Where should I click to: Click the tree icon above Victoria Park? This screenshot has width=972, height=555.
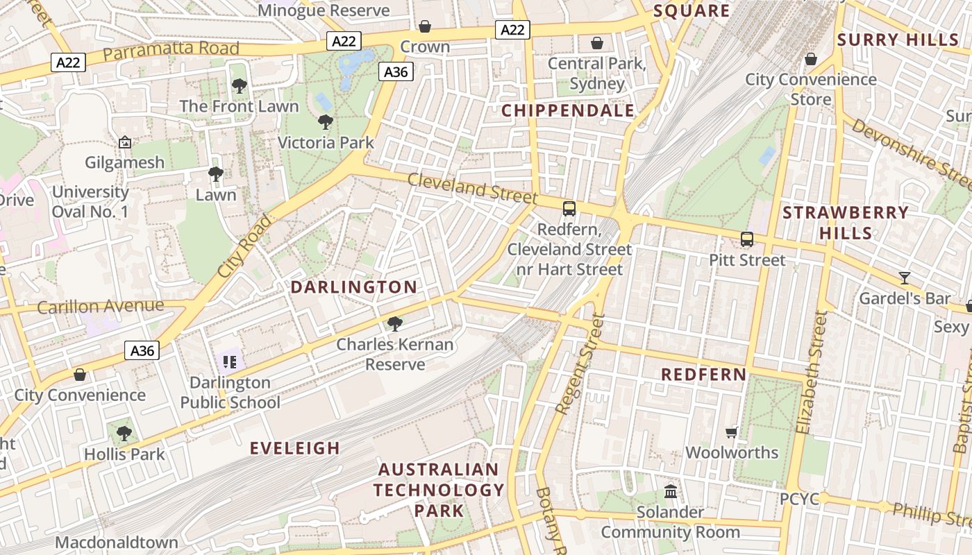(x=325, y=123)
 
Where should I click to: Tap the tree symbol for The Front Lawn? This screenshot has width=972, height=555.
(x=239, y=86)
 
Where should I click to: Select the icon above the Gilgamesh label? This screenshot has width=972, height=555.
(x=125, y=142)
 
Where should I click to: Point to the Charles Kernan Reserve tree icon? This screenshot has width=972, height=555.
(x=395, y=323)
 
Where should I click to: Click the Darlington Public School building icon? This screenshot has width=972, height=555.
(x=230, y=361)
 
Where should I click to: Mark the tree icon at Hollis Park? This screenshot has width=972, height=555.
(x=124, y=434)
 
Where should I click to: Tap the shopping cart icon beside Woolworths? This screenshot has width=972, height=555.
(x=731, y=432)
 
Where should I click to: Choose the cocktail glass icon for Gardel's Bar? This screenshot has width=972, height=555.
(x=904, y=278)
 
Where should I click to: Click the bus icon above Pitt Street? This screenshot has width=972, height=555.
(x=747, y=239)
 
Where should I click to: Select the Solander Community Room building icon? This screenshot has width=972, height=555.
(x=671, y=491)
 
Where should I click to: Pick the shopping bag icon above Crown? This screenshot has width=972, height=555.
(x=425, y=26)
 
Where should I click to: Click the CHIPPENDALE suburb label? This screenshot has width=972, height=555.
(x=568, y=111)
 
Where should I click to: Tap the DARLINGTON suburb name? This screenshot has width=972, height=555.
(x=354, y=287)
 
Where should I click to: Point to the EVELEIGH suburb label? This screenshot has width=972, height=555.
(x=295, y=448)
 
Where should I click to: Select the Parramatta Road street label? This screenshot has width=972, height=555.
(x=171, y=51)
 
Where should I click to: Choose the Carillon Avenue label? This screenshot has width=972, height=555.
(x=101, y=306)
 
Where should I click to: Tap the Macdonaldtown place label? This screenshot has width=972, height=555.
(x=117, y=542)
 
